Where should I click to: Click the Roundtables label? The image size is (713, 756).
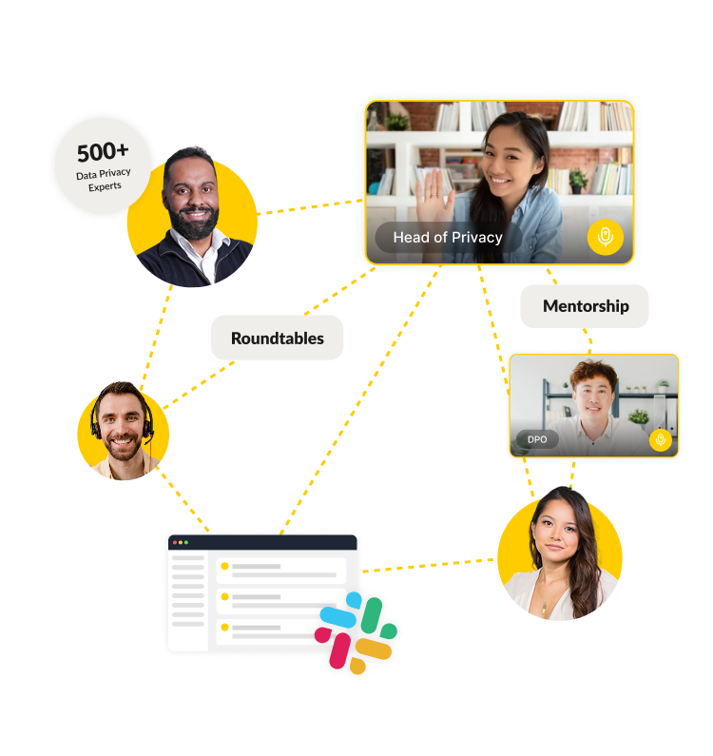(x=277, y=339)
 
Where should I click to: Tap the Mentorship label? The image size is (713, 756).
(x=586, y=306)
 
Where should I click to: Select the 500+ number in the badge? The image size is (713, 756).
(x=103, y=152)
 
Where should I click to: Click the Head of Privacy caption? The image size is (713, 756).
(x=448, y=238)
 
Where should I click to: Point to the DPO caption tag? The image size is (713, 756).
(x=537, y=440)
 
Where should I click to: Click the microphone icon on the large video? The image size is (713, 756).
(x=605, y=237)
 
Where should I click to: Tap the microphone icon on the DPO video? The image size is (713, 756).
(x=661, y=439)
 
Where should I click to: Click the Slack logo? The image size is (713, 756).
(x=358, y=634)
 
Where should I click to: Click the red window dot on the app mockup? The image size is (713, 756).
(x=175, y=542)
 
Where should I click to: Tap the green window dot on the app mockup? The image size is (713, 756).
(x=186, y=542)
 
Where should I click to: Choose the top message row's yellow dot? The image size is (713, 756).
(x=225, y=567)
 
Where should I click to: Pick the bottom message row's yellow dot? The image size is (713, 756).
(x=225, y=628)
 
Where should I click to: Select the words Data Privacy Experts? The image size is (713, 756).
(x=105, y=180)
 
